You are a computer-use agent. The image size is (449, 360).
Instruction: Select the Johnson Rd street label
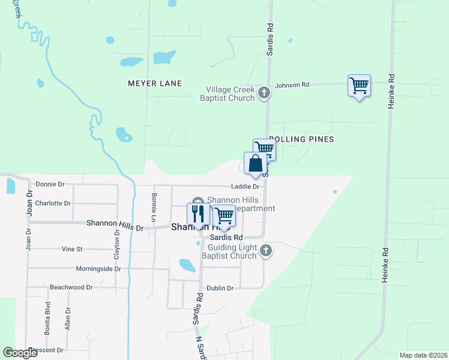292,85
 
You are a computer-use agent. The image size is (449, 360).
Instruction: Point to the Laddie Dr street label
244,187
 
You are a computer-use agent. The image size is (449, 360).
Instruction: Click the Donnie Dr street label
50,184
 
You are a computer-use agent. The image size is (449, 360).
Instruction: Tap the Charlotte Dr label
53,203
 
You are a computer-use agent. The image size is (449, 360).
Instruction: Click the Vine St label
72,248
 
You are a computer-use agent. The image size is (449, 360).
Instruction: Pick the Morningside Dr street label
98,268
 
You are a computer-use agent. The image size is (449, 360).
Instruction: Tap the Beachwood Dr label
71,287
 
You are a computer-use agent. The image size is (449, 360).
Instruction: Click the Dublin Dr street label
220,288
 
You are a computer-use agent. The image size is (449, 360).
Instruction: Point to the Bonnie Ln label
154,204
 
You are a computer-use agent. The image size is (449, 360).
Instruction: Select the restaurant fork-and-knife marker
198,214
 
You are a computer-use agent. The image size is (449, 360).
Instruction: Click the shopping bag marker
255,163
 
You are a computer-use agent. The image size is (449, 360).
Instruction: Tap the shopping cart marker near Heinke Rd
359,85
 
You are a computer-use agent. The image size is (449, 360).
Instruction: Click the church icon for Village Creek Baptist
263,93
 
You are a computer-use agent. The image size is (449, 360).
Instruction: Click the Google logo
20,353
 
